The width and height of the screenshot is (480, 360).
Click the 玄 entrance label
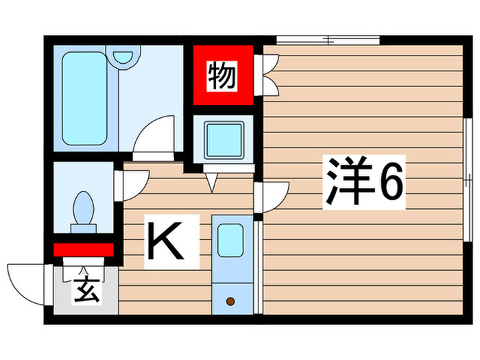pyautogui.click(x=84, y=291)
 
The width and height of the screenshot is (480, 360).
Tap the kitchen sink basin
pyautogui.click(x=230, y=240)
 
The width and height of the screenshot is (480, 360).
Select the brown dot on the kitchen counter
pyautogui.click(x=230, y=300)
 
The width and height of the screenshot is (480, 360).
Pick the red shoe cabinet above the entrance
pyautogui.click(x=82, y=249)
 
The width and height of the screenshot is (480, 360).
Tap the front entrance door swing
pyautogui.click(x=27, y=281)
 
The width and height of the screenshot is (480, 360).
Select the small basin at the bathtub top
pyautogui.click(x=124, y=55)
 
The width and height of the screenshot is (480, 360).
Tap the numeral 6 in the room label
pyautogui.click(x=389, y=184)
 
